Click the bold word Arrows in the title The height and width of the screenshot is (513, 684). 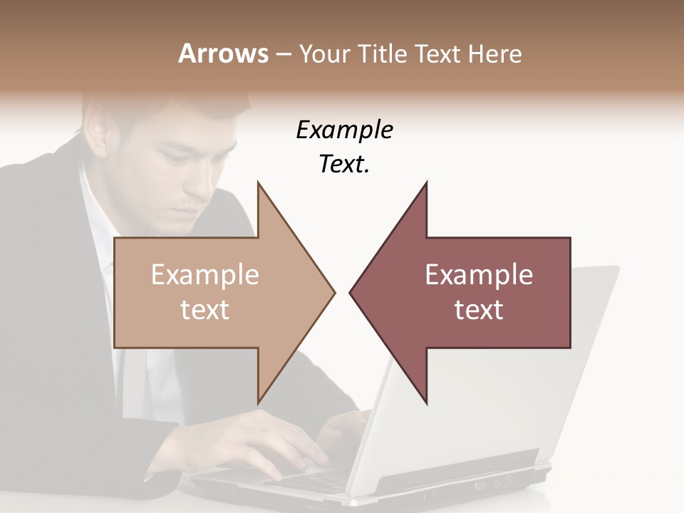click(x=223, y=53)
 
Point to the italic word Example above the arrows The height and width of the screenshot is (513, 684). click(x=344, y=130)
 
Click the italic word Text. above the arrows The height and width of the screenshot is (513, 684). click(x=344, y=165)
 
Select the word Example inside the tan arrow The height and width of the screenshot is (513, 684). click(x=205, y=275)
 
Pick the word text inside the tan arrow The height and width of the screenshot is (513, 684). click(x=205, y=310)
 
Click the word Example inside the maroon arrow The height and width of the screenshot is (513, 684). click(x=479, y=275)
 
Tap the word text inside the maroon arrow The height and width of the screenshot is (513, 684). click(x=479, y=310)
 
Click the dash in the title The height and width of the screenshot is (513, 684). click(x=282, y=54)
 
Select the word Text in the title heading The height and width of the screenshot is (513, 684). click(x=437, y=53)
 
